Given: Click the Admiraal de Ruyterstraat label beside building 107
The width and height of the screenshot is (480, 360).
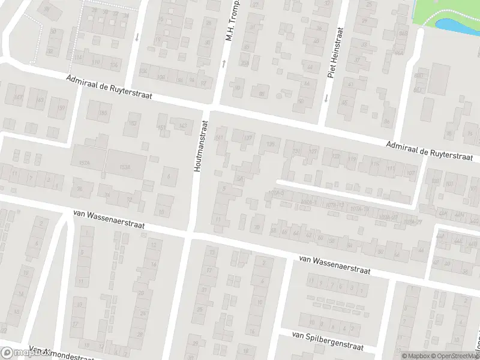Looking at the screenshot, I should point(426,150).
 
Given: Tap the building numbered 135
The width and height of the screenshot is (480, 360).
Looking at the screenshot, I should point(271,144).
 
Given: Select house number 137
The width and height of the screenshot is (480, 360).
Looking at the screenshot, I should point(247,139).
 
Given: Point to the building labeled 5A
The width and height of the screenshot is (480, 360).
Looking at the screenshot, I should point(240,178).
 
